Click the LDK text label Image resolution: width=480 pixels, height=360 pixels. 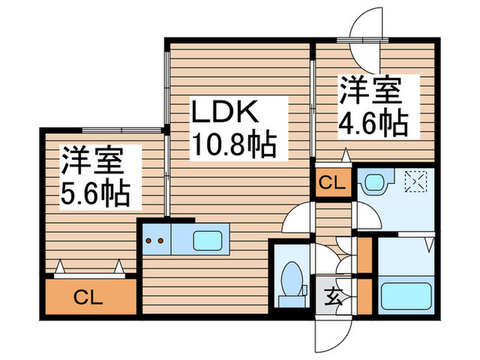[225, 112]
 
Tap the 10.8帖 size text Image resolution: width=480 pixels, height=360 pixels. [235, 144]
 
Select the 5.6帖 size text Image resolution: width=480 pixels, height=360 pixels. [96, 194]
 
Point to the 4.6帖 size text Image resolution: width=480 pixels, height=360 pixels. [374, 124]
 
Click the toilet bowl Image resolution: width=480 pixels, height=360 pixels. [291, 278]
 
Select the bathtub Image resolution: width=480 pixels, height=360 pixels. [406, 296]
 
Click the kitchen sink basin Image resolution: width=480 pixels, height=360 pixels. [207, 241]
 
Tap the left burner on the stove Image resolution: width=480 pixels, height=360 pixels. [149, 241]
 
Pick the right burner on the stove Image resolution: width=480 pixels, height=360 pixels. [160, 241]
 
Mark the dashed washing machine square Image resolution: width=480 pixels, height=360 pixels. [416, 182]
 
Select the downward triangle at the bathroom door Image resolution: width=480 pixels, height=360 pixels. [430, 244]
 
